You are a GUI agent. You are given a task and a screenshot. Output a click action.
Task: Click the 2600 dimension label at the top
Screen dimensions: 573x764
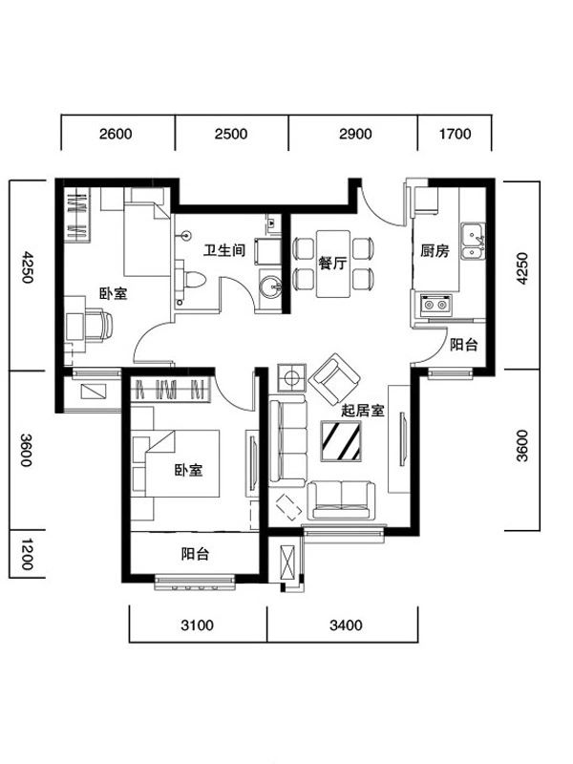116,134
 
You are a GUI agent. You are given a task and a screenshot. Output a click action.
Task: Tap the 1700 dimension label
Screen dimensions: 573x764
456,134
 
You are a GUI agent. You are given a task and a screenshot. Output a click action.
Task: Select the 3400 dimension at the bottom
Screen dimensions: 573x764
346,625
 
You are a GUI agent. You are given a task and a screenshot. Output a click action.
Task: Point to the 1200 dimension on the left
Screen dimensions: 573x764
27,555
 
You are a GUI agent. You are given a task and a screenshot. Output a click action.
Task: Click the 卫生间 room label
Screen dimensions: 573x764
224,250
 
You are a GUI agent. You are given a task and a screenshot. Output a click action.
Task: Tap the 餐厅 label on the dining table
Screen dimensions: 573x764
332,264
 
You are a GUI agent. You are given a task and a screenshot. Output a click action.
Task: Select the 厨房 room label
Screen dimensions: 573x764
435,251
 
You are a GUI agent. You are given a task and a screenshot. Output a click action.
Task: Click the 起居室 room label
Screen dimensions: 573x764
363,411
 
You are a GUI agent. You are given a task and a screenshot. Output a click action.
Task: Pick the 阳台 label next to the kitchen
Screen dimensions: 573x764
463,345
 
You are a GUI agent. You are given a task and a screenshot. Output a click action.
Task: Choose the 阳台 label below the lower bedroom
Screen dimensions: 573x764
195,554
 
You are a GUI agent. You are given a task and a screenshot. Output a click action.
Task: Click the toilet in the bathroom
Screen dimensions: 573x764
193,280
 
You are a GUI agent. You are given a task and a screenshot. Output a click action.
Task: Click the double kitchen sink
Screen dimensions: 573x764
473,241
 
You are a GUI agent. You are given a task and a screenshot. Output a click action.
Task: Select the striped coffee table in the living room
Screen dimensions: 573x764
341,441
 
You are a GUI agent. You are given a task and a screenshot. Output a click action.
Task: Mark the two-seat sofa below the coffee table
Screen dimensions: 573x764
341,500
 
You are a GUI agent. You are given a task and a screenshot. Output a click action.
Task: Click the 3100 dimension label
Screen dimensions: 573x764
198,625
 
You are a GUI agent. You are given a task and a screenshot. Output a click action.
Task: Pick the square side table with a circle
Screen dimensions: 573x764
291,377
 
